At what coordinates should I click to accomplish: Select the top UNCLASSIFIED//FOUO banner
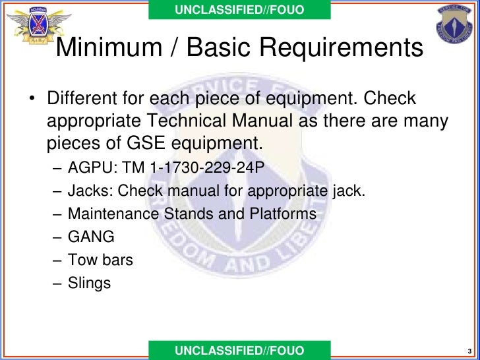[239, 9]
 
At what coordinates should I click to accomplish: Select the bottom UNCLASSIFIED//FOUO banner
[239, 351]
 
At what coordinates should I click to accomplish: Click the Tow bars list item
[100, 260]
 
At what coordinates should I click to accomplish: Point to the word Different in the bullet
[80, 100]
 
